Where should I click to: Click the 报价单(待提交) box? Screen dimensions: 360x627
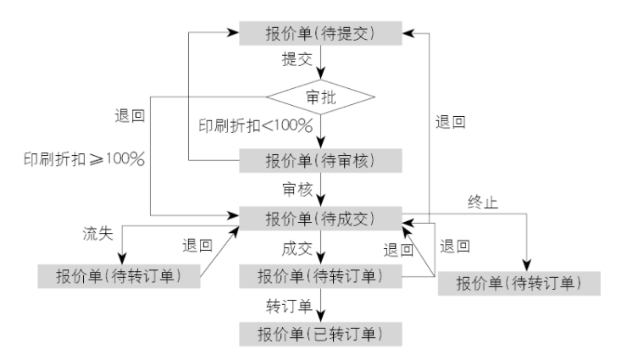click(319, 34)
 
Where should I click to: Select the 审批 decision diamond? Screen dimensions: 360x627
click(319, 97)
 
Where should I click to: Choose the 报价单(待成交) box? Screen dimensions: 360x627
click(319, 218)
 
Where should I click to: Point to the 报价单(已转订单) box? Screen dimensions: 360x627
click(319, 332)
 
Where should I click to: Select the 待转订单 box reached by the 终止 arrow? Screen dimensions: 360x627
click(518, 281)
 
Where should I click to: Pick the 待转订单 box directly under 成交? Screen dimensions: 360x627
click(319, 275)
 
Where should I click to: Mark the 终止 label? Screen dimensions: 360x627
click(484, 202)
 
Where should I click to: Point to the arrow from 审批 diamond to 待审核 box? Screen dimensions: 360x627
click(320, 131)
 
